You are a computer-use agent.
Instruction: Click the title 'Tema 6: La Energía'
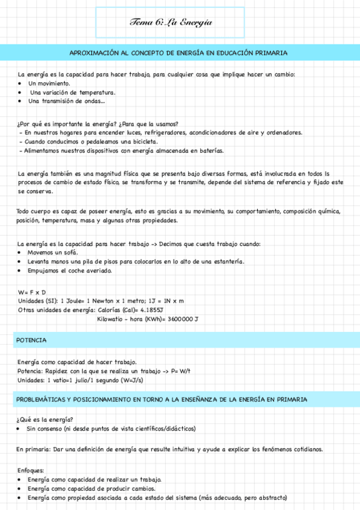click(171, 22)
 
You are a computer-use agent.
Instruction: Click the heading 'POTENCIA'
click(32, 340)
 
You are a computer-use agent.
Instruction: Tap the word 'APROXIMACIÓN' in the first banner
click(97, 53)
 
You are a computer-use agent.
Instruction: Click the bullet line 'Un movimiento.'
click(49, 84)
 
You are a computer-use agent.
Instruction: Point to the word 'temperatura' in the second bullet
click(98, 93)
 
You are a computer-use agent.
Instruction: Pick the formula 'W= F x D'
click(32, 292)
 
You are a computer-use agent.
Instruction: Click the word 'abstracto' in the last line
click(269, 498)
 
